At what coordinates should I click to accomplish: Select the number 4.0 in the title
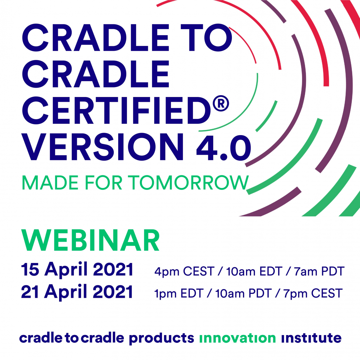click(223, 147)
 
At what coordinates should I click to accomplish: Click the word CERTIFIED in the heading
click(116, 110)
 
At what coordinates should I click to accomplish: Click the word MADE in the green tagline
click(50, 183)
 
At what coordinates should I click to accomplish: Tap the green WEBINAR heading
click(91, 241)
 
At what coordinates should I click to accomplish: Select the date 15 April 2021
click(77, 270)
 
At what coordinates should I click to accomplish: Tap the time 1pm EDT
click(179, 294)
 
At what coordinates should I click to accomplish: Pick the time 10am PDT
click(243, 294)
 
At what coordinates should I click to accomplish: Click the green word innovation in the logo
click(237, 338)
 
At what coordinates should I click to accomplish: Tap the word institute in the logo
click(311, 338)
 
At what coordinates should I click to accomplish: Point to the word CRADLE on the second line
click(96, 74)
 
